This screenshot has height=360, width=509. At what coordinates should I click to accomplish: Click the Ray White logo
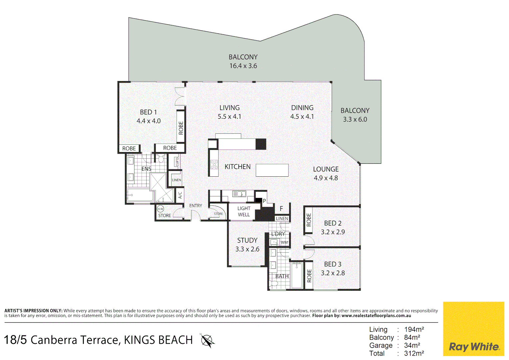tap(474, 329)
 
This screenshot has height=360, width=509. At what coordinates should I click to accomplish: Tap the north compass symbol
tap(207, 341)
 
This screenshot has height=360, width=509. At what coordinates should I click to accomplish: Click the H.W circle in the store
tap(160, 209)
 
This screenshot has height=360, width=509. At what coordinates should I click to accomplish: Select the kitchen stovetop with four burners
tap(214, 164)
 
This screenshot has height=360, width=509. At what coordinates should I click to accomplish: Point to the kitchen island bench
tap(272, 170)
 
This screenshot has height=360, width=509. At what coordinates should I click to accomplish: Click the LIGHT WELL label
tap(244, 211)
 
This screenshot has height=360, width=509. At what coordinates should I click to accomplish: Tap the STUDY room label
tap(247, 240)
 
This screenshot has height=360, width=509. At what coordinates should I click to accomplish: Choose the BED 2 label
tap(333, 223)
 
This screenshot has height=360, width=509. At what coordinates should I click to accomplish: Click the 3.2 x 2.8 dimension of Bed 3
tap(333, 273)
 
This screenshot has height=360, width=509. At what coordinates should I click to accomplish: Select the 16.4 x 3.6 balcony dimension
tap(243, 66)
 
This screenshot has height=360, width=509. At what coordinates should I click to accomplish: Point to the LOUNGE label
tap(326, 169)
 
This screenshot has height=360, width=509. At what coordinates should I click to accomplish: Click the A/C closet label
tap(180, 195)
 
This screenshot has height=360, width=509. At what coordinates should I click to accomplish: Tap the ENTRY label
tap(196, 206)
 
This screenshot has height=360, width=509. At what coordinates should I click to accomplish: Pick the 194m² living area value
tap(414, 329)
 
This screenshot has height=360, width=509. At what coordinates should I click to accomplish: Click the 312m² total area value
tap(414, 353)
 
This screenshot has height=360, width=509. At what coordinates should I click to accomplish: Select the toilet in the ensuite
tap(161, 158)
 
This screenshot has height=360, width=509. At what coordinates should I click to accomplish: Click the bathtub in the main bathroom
tap(297, 275)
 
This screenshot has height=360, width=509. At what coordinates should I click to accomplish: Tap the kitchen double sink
tap(239, 194)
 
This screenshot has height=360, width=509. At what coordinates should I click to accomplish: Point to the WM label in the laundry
tap(284, 242)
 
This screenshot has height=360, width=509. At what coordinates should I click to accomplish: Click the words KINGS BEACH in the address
tap(158, 340)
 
